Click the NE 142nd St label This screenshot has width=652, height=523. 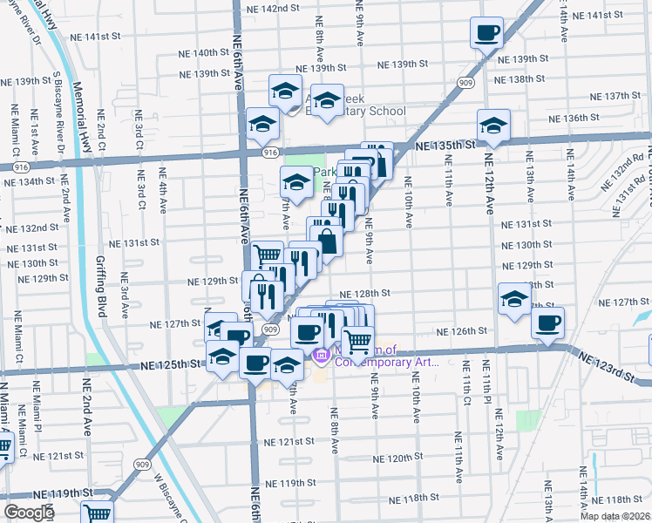(273, 8)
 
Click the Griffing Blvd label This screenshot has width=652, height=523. (102, 284)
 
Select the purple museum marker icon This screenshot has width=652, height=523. (319, 357)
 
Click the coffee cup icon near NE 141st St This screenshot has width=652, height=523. (486, 33)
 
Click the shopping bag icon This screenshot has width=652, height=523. (327, 240)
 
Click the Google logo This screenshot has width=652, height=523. (29, 513)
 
